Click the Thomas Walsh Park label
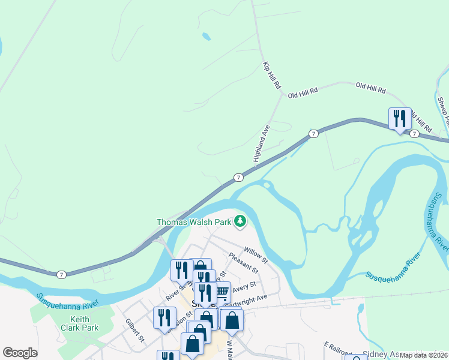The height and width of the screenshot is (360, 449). [194, 222]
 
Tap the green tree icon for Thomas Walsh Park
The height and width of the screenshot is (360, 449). [240, 221]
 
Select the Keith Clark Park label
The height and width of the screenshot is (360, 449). [84, 324]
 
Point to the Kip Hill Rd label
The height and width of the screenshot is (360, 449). [271, 75]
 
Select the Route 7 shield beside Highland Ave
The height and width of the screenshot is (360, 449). [239, 178]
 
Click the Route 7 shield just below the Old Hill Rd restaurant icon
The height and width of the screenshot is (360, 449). [414, 134]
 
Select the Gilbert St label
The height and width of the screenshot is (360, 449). [135, 331]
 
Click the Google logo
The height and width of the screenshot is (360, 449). [20, 353]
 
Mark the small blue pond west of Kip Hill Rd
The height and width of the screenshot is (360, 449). [206, 37]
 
